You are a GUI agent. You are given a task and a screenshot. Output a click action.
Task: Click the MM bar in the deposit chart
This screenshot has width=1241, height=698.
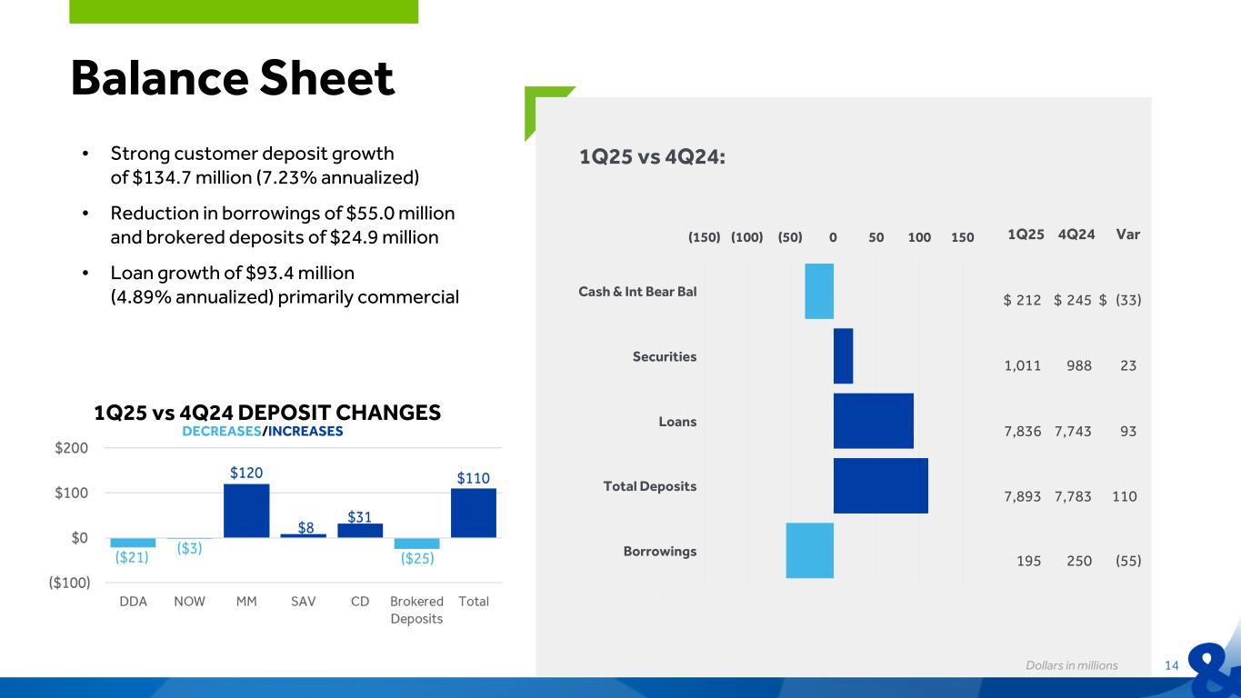[246, 510]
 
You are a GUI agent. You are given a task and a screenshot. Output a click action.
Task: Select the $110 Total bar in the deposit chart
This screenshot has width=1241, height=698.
[473, 513]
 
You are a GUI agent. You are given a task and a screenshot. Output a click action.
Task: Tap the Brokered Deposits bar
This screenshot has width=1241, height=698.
[416, 543]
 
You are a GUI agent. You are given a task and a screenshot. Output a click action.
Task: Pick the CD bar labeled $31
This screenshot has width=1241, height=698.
[360, 530]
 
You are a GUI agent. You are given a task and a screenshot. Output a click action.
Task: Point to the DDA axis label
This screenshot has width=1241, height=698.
[134, 602]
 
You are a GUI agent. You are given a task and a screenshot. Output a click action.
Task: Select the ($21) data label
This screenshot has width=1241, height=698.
[133, 558]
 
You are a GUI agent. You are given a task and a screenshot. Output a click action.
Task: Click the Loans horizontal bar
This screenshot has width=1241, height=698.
[873, 421]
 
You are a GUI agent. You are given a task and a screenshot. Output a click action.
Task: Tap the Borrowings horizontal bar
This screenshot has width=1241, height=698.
[809, 550]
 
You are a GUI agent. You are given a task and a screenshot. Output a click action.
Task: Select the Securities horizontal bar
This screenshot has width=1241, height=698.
[843, 356]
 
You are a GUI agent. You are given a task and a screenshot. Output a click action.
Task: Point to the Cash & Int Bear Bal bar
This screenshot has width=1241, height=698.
[818, 291]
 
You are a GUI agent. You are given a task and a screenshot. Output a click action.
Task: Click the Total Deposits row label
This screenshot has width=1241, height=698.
[650, 486]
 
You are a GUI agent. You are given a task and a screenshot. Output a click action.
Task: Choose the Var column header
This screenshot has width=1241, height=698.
[1127, 234]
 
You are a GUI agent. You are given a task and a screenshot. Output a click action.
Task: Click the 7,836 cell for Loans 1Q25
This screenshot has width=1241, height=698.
[1023, 431]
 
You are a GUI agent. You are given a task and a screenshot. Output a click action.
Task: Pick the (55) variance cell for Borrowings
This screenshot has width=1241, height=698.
[1127, 561]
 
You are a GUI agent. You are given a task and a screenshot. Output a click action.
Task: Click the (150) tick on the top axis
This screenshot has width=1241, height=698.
[704, 237]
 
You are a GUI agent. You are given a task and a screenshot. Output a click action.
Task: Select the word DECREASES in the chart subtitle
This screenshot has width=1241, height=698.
[221, 432]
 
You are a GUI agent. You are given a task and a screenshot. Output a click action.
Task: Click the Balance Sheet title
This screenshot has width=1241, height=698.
[233, 78]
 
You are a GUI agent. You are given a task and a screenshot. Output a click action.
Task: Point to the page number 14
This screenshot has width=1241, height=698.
[1171, 666]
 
